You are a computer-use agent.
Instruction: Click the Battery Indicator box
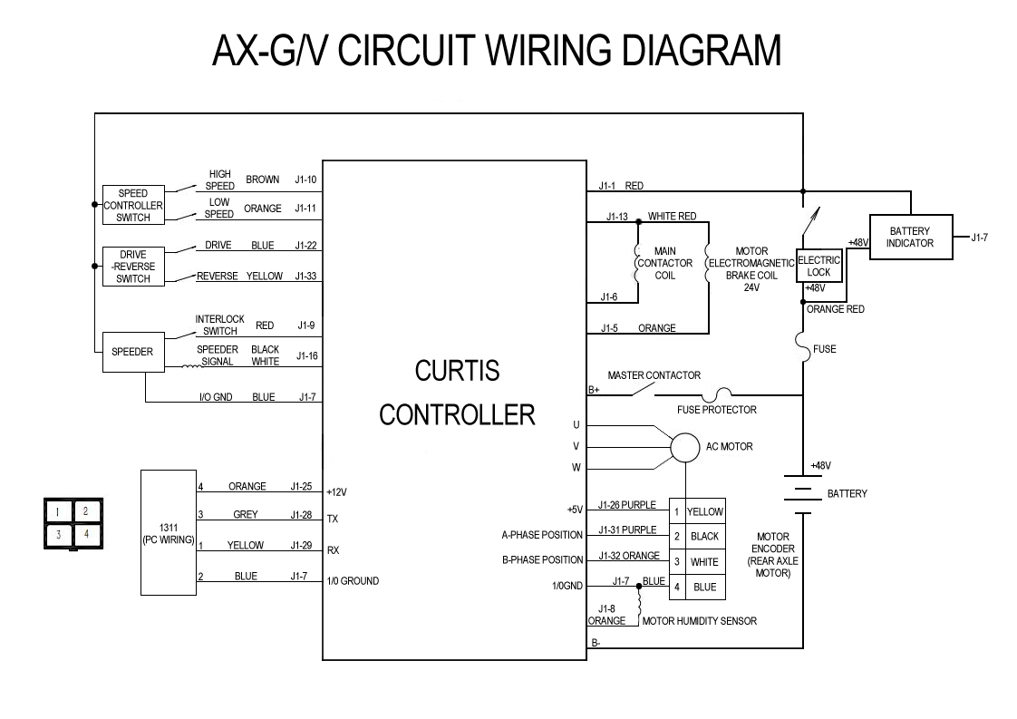(x=909, y=238)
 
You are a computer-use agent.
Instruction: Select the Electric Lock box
(x=818, y=266)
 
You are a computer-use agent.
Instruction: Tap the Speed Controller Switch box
(x=132, y=205)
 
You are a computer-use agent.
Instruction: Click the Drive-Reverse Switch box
(x=132, y=267)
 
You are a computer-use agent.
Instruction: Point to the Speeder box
(x=132, y=352)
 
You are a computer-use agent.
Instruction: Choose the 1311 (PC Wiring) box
(x=169, y=533)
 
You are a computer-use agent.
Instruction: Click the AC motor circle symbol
(x=685, y=446)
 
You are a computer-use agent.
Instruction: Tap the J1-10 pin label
(x=305, y=180)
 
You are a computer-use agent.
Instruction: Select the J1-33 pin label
(x=305, y=277)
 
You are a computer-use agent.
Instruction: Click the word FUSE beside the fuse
(x=824, y=349)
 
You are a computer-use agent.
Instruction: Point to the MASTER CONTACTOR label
(x=654, y=375)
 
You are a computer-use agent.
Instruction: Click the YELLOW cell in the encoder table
(x=704, y=512)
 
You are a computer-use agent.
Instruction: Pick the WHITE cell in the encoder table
(x=704, y=562)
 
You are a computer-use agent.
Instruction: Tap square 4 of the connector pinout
(x=85, y=535)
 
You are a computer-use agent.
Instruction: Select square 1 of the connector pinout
(x=58, y=511)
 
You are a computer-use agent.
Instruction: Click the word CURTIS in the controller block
(x=457, y=372)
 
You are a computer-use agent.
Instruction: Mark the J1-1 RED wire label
(x=621, y=186)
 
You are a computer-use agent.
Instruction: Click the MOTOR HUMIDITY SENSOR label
(x=699, y=621)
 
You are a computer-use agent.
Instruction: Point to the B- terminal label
(x=596, y=644)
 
